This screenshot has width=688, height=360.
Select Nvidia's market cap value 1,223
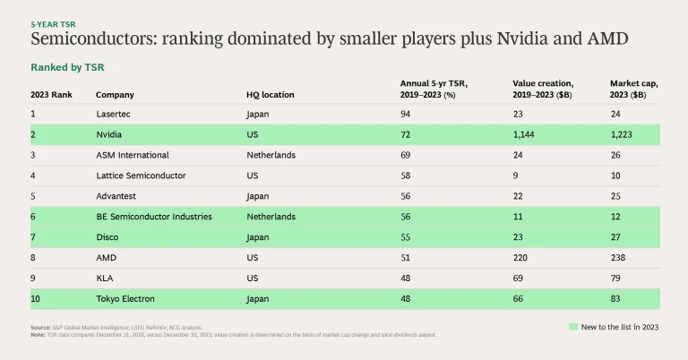(624, 134)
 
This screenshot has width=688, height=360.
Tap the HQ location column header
(270, 94)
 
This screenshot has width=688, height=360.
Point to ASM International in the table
(132, 155)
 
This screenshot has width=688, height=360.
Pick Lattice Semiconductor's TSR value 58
(405, 176)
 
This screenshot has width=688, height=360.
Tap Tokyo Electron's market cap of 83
(615, 298)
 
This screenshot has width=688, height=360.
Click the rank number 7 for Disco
(33, 236)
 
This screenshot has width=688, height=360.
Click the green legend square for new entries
(573, 328)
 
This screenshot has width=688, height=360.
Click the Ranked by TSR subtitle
(68, 67)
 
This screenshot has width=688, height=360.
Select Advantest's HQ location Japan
(259, 195)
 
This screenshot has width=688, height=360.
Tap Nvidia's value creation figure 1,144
(526, 134)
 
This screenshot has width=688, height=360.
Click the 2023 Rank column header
(51, 94)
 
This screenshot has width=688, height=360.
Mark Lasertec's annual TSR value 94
(405, 114)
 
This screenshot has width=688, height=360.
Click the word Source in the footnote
(40, 328)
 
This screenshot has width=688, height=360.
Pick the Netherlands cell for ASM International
(271, 155)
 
